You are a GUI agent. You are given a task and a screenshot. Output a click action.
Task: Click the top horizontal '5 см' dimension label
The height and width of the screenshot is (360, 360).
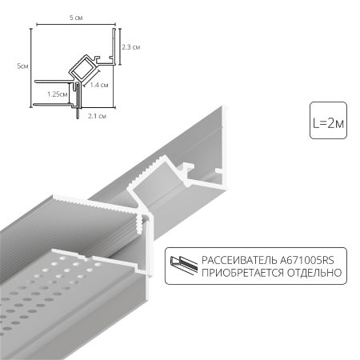pyautogui.click(x=76, y=18)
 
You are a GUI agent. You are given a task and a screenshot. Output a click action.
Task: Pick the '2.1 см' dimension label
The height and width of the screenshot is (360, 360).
pyautogui.click(x=97, y=115)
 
